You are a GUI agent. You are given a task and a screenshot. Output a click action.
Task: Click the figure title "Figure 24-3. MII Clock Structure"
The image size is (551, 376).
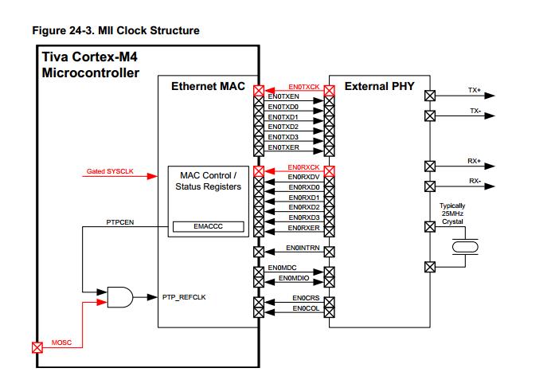[115, 31]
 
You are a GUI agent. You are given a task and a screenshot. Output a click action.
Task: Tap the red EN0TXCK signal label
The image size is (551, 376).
[303, 86]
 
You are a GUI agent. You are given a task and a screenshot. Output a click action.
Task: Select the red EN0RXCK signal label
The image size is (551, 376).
[303, 167]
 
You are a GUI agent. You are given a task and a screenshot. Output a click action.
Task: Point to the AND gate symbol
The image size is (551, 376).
[120, 297]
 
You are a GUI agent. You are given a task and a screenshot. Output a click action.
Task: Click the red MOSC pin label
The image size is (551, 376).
[61, 342]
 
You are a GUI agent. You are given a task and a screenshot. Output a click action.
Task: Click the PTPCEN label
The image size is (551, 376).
[120, 222]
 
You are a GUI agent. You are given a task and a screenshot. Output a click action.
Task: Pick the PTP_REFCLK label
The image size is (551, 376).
[186, 296]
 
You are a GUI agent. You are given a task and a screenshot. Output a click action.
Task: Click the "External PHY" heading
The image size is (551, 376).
[379, 86]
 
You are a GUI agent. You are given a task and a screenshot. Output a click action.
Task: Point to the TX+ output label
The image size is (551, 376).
[475, 91]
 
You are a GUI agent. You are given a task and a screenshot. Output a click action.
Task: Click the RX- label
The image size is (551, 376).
[475, 181]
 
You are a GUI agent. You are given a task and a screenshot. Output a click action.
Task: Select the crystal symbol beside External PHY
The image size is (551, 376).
[463, 247]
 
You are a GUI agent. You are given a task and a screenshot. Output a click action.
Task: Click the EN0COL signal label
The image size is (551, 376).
[306, 307]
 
